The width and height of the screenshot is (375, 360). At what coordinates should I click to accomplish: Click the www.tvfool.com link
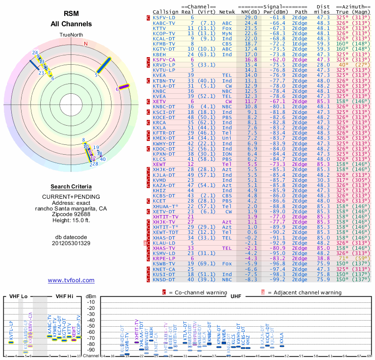[x=71, y=280]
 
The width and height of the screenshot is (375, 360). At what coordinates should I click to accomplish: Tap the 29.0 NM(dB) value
[x=251, y=17]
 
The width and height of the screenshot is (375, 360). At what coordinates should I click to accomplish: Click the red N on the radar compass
[x=86, y=44]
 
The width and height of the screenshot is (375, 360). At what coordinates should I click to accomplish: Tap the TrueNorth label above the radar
[x=71, y=35]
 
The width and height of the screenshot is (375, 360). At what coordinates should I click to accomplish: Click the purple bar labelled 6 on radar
[x=124, y=86]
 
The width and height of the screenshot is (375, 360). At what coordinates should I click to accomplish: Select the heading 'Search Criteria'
[x=71, y=187]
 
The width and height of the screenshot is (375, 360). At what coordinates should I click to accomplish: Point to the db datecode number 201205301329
[x=71, y=243]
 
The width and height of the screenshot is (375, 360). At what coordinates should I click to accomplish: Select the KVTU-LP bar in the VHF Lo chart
[x=11, y=342]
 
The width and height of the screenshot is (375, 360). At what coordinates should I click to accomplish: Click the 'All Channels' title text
[x=71, y=23]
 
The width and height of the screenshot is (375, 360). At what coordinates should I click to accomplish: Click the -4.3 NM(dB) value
[x=252, y=258]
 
